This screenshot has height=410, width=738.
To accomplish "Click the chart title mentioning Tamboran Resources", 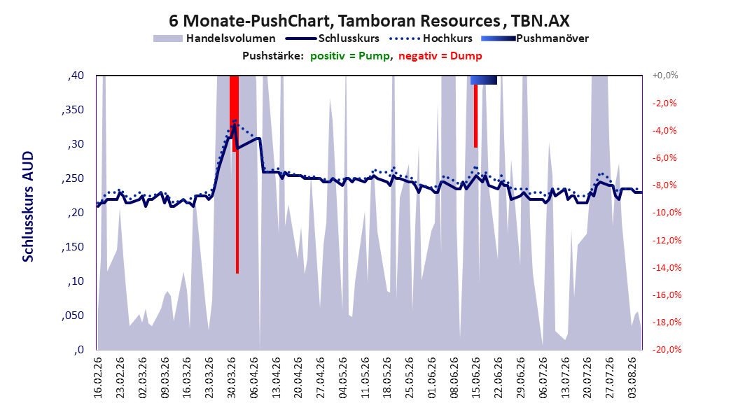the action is pyautogui.click(x=369, y=21).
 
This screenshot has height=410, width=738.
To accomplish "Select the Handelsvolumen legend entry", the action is pyautogui.click(x=215, y=38).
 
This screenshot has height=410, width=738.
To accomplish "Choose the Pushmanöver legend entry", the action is pyautogui.click(x=535, y=38).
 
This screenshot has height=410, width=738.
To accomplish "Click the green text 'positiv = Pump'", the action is pyautogui.click(x=350, y=56).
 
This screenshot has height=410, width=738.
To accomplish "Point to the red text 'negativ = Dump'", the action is pyautogui.click(x=440, y=56).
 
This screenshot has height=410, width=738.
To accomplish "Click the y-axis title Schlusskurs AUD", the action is pyautogui.click(x=28, y=206).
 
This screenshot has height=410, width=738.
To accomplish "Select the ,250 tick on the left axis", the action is pyautogui.click(x=73, y=178).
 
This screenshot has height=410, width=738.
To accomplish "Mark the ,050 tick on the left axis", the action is pyautogui.click(x=73, y=316).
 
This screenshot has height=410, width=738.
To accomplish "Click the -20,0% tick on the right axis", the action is pyautogui.click(x=667, y=349).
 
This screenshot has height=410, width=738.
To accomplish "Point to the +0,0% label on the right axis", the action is pyautogui.click(x=664, y=76).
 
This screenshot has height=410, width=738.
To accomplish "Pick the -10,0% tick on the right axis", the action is pyautogui.click(x=667, y=213).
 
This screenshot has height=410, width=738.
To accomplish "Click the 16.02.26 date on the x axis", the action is pyautogui.click(x=97, y=378).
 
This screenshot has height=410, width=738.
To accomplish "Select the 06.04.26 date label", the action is pyautogui.click(x=253, y=378).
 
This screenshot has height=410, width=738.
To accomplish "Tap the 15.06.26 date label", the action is pyautogui.click(x=476, y=378).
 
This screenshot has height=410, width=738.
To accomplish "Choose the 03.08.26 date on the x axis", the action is pyautogui.click(x=632, y=378).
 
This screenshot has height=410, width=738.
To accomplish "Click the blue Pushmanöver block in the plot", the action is pyautogui.click(x=483, y=80).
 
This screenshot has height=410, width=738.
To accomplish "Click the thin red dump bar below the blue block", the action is pyautogui.click(x=476, y=116).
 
